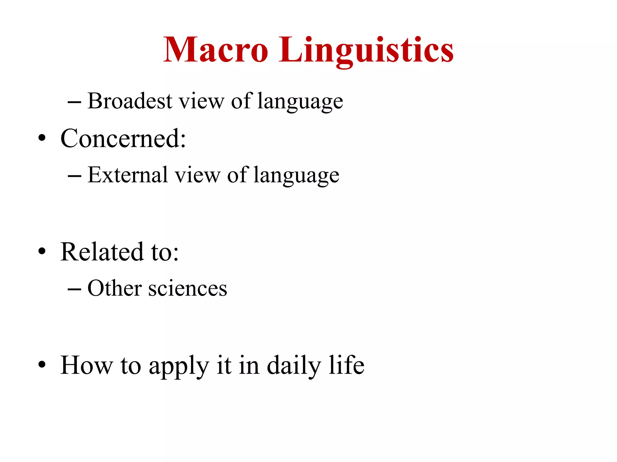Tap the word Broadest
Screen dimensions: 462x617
130,101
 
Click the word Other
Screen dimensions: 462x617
114,288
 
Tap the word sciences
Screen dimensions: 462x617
188,288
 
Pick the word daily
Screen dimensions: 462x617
294,366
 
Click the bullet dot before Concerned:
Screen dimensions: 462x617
42,138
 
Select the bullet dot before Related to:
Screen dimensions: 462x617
42,252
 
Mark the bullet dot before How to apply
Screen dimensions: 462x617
42,365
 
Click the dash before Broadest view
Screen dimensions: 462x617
74,103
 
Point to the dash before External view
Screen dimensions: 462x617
74,176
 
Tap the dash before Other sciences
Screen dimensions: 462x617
74,290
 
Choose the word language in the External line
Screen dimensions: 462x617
296,176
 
